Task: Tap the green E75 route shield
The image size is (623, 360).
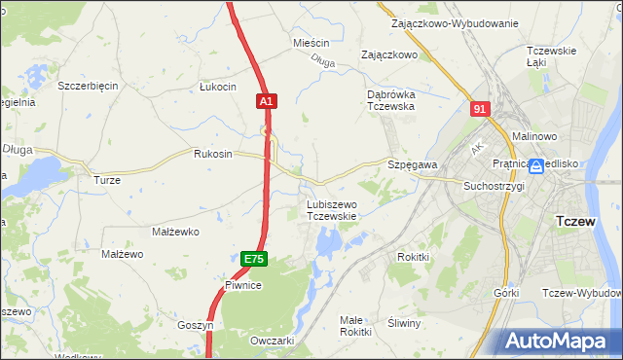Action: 253,259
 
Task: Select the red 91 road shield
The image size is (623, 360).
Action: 478,110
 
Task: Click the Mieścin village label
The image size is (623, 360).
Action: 311,44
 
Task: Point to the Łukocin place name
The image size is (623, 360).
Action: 218,87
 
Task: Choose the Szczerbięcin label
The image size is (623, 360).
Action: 88,86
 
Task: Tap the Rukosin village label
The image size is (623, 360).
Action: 213,154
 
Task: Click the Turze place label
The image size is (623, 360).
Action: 106,180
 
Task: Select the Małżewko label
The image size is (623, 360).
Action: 175,233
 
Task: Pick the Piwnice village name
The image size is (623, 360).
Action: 243,285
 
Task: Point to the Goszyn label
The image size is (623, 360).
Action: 195,325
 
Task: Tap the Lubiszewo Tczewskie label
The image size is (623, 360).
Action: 332,210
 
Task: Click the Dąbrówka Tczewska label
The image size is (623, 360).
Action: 390,100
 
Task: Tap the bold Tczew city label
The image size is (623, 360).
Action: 582,221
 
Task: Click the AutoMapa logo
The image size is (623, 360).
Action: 562,342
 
